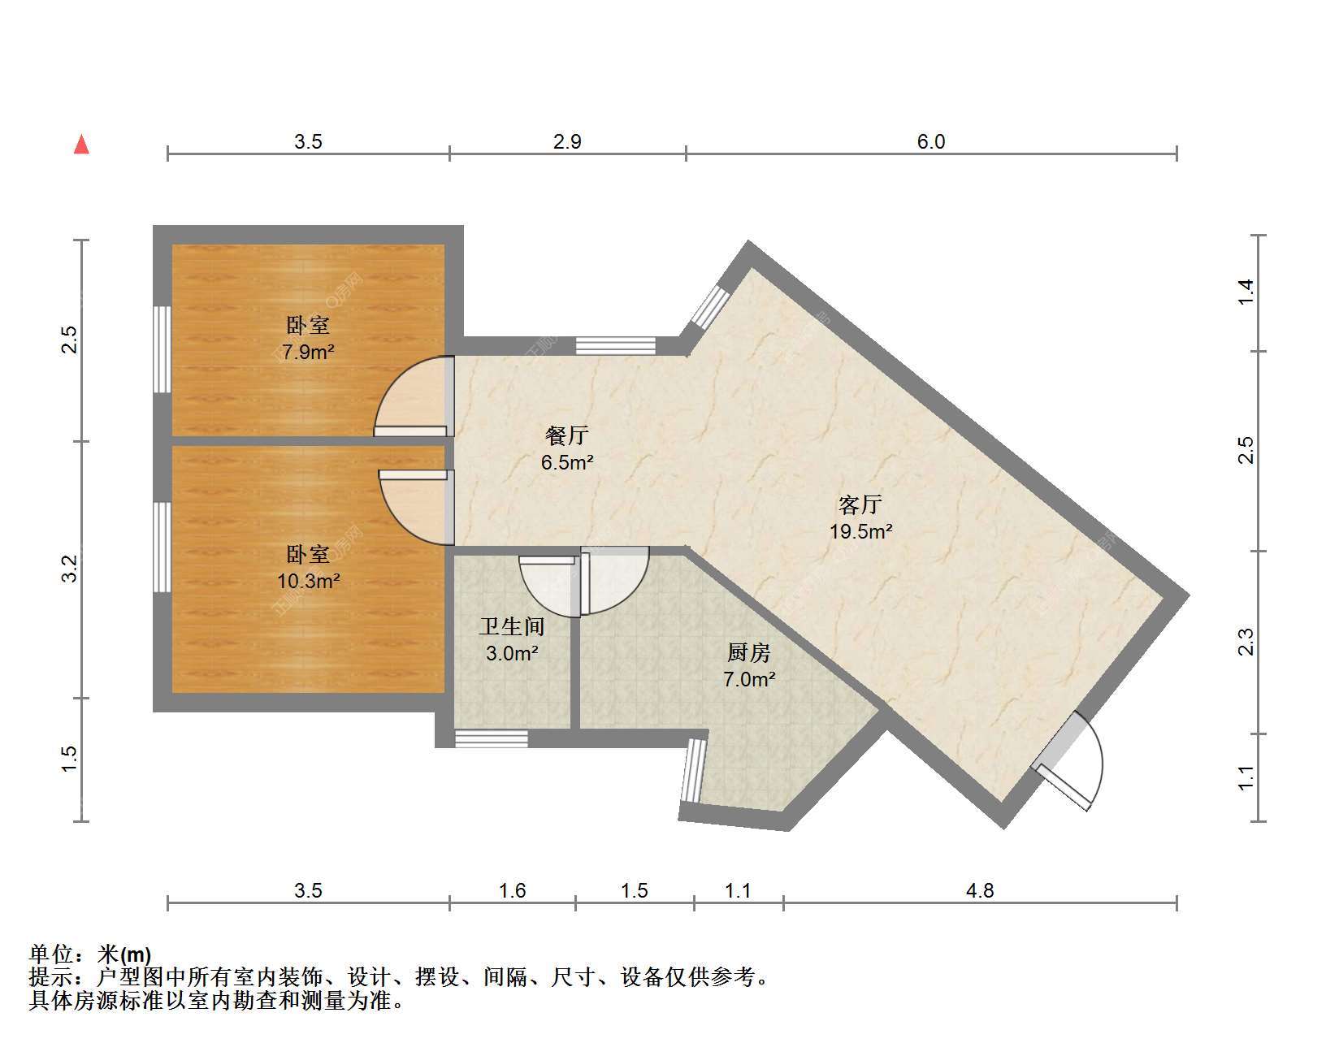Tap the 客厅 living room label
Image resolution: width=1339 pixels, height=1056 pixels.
pos(860,505)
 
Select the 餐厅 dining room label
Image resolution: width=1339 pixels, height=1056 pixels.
pos(567,436)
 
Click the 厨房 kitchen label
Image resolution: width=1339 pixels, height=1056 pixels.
pos(749,653)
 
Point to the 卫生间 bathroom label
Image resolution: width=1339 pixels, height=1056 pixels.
pos(512,626)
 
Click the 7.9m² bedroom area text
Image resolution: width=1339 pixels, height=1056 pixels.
pos(308,353)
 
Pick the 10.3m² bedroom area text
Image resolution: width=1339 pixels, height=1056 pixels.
pos(308,582)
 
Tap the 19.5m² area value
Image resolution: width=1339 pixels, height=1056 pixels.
pos(860,532)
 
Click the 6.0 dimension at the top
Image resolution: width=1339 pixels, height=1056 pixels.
pos(931,142)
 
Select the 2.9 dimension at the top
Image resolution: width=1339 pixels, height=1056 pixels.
pos(567,142)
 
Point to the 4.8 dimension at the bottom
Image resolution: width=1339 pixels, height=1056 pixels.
pos(980,891)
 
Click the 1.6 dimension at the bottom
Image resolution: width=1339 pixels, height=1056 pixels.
pos(512,891)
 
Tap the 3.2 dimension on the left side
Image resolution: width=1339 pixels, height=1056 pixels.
pos(70,569)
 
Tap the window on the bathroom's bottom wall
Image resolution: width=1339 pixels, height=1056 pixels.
pos(492,739)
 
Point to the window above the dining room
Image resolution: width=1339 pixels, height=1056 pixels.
pos(616,345)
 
